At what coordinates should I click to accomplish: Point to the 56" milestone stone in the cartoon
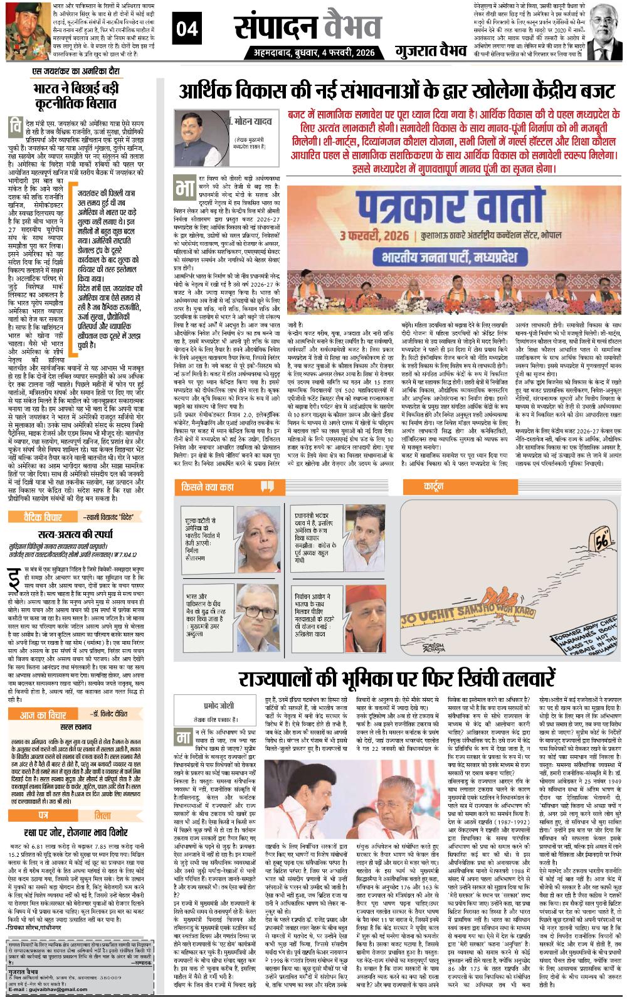tap(587, 539)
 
